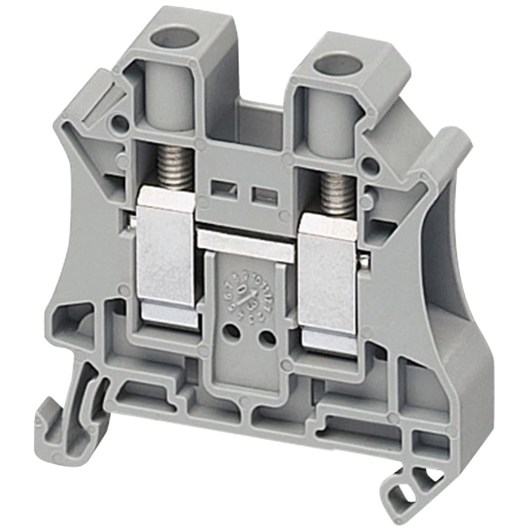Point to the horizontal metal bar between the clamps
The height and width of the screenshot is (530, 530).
[246, 244]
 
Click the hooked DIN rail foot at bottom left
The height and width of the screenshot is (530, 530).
[64, 424]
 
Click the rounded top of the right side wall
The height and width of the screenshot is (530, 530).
[450, 143]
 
